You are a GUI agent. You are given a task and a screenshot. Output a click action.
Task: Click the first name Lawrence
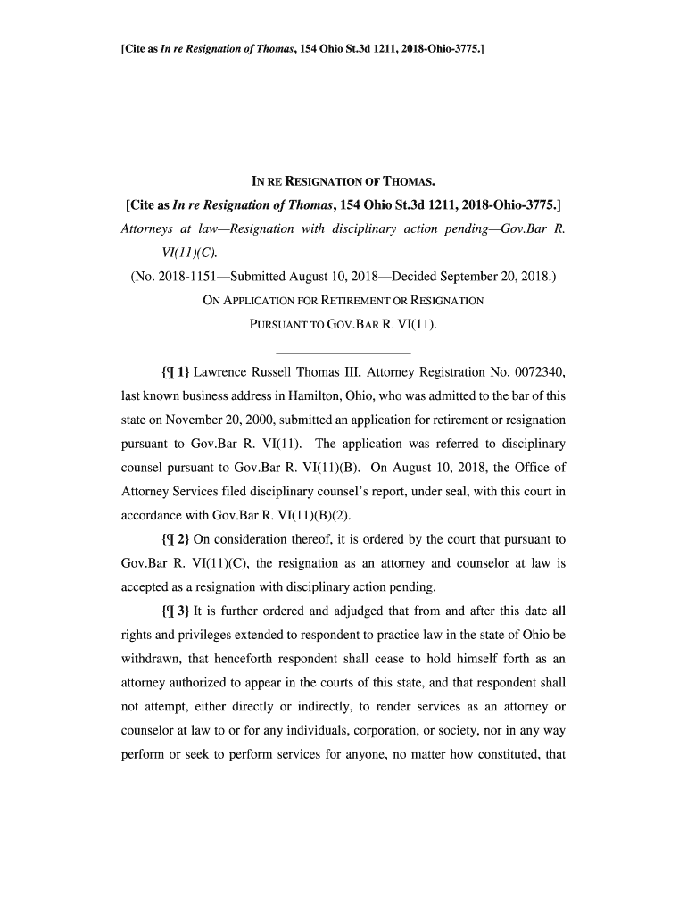pyautogui.click(x=225, y=370)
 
